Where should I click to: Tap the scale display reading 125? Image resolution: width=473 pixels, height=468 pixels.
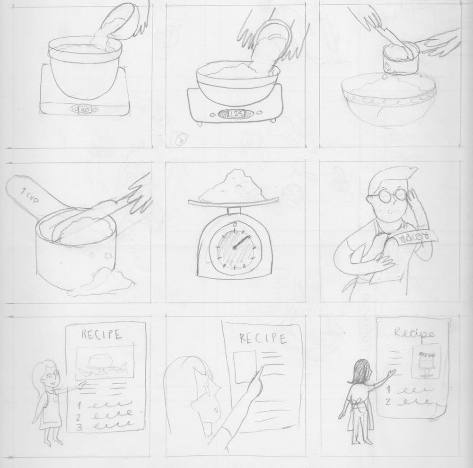pyautogui.click(x=236, y=114)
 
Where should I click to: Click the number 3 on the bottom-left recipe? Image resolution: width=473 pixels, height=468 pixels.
pyautogui.click(x=80, y=427)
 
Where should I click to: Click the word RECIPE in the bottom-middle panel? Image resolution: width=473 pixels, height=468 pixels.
pyautogui.click(x=263, y=338)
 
